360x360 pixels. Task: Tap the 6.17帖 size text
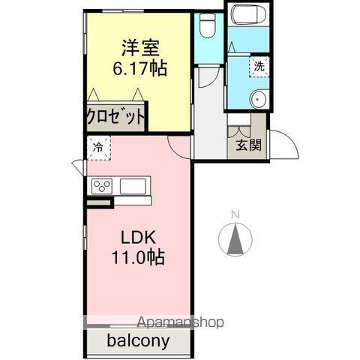pos(140,67)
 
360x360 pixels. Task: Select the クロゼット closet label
pos(115,116)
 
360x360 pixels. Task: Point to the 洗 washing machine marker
pos(259,65)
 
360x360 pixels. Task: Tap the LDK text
pos(139,237)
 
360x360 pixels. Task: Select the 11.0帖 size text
pos(139,256)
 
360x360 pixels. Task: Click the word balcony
pos(136,340)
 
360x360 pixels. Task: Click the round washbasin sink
pos(259,97)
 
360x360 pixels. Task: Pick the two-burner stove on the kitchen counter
pos(102,186)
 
